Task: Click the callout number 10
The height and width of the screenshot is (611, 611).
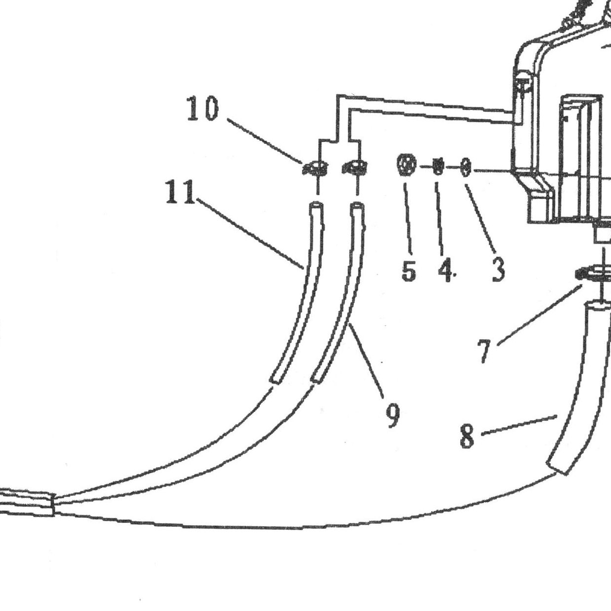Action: pyautogui.click(x=203, y=108)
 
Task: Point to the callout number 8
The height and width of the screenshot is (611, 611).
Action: pyautogui.click(x=468, y=436)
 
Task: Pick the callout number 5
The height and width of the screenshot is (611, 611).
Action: pyautogui.click(x=408, y=270)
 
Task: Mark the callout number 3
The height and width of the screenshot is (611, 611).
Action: pyautogui.click(x=498, y=270)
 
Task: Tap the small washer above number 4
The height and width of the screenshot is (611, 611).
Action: pyautogui.click(x=438, y=166)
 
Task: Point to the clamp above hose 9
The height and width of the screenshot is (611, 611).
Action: pyautogui.click(x=355, y=167)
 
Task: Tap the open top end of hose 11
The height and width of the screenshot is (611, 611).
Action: pyautogui.click(x=316, y=205)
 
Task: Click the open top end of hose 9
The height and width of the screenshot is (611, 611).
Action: pyautogui.click(x=357, y=206)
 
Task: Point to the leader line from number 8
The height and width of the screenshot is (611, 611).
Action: pyautogui.click(x=519, y=425)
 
